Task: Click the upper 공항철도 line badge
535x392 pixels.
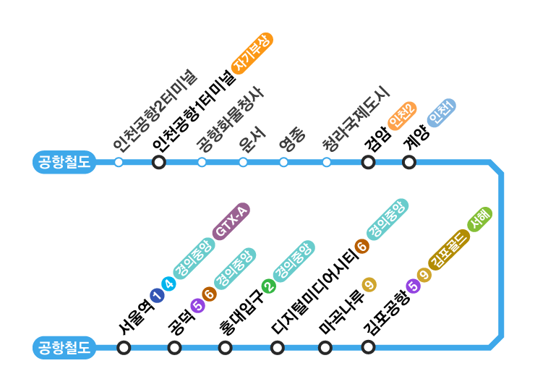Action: tap(64, 162)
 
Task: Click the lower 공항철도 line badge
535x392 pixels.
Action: tap(64, 348)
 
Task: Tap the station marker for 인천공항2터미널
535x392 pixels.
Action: tap(119, 162)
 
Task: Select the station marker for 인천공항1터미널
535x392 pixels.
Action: tap(159, 162)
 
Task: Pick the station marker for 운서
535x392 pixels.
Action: tap(243, 162)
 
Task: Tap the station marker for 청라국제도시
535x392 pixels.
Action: tap(327, 162)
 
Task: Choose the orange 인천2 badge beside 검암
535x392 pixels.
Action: tap(402, 116)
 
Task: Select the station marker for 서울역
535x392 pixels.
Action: tap(124, 348)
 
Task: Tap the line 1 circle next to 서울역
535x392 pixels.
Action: tap(156, 294)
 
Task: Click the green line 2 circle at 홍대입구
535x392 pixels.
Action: tap(269, 287)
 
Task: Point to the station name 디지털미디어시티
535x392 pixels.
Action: tap(314, 292)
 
